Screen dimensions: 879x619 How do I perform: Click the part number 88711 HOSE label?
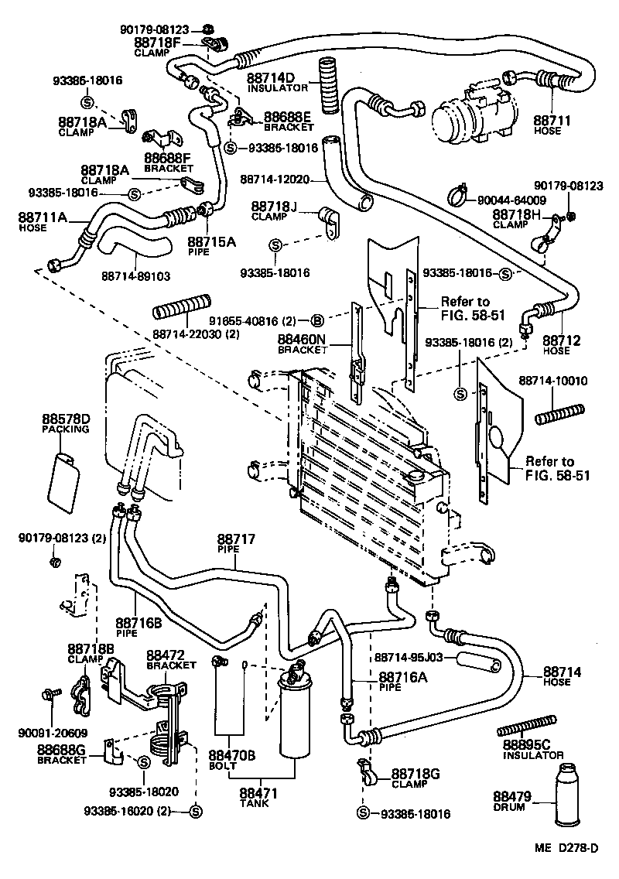[x=552, y=125]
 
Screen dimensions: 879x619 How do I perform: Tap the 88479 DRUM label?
[x=509, y=802]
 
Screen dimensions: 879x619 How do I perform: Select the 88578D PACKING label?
[x=66, y=423]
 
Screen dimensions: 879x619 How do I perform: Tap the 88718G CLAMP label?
[x=415, y=778]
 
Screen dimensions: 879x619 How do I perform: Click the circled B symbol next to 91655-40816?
[x=316, y=320]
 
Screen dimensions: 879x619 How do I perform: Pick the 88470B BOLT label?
[x=227, y=760]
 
